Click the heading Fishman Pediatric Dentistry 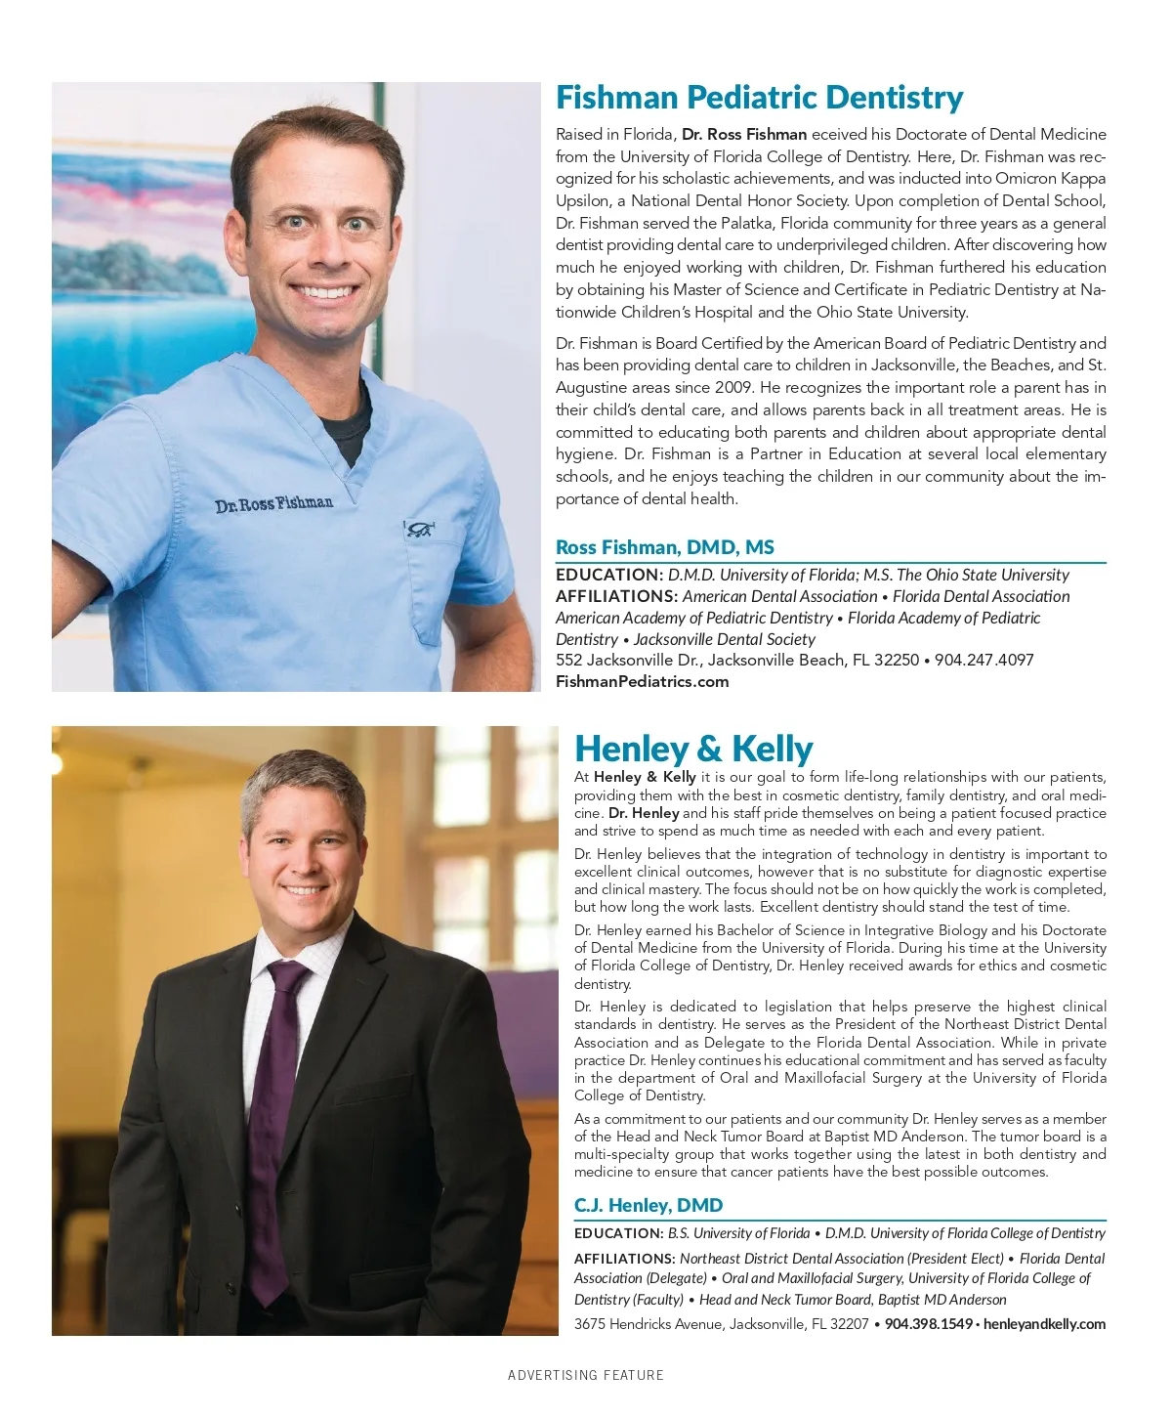(759, 98)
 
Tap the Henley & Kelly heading (693, 749)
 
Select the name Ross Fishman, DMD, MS (664, 547)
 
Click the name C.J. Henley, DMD (648, 1205)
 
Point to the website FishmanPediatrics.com (642, 681)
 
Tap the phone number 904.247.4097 (984, 660)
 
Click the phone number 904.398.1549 (928, 1324)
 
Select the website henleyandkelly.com (1044, 1324)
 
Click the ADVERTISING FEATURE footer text (585, 1375)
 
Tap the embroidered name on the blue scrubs (273, 504)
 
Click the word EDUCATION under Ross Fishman (608, 575)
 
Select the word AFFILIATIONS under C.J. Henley (624, 1259)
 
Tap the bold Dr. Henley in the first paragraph (644, 813)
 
